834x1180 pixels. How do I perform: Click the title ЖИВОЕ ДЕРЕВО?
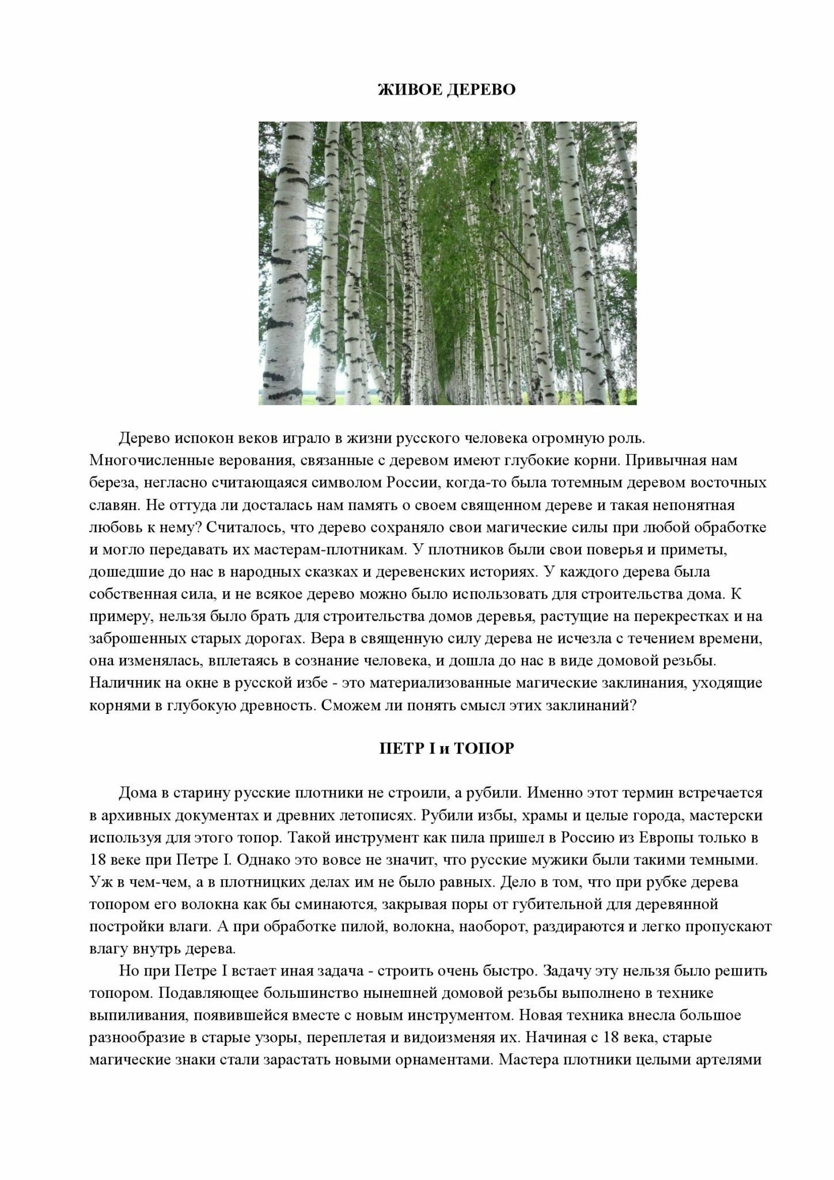point(446,90)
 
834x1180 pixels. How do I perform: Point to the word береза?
point(113,482)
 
